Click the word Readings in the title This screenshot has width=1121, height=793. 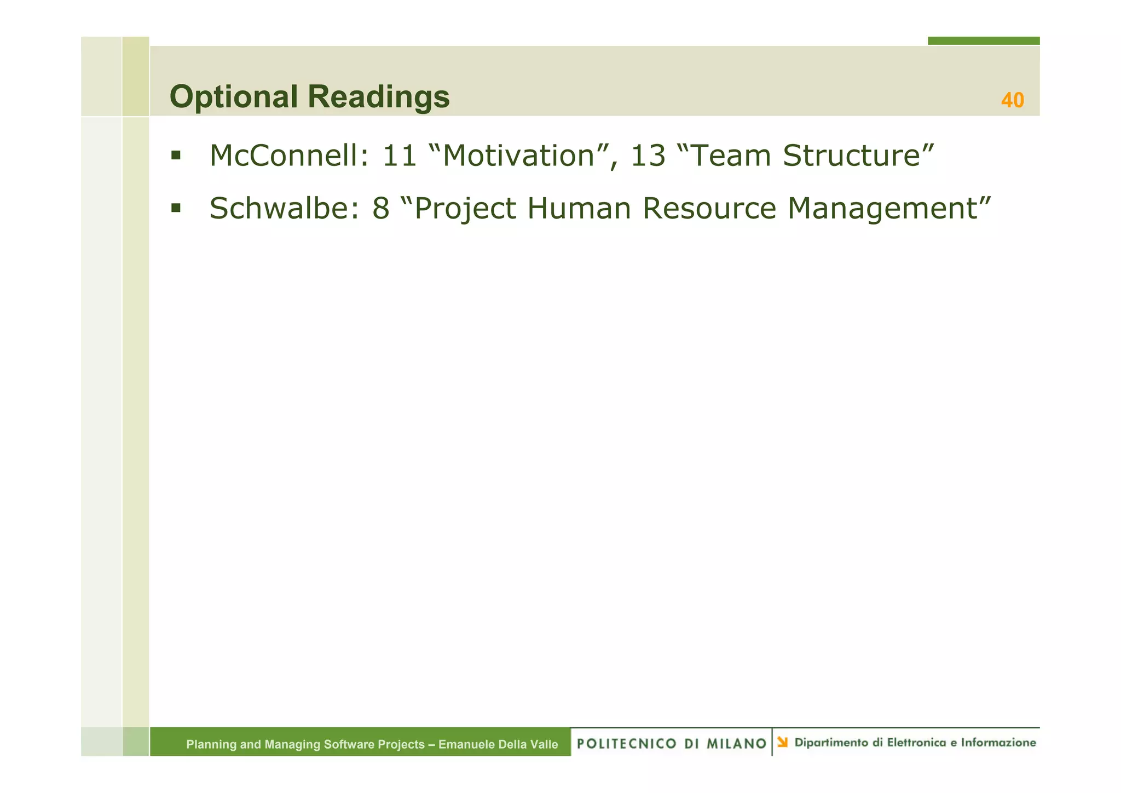(x=378, y=97)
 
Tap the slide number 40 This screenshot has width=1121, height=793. (x=1012, y=100)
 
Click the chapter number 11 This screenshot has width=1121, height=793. (x=399, y=156)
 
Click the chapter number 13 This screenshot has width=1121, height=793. (x=648, y=156)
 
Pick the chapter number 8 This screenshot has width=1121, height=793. (x=380, y=209)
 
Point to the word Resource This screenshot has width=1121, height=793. (x=709, y=209)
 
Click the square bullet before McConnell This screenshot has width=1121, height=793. (x=176, y=155)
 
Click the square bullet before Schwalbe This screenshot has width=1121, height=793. (x=176, y=208)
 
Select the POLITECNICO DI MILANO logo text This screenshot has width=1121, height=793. (x=671, y=743)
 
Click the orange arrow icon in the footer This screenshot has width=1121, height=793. (x=783, y=742)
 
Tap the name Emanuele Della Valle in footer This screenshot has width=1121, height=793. (x=498, y=744)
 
